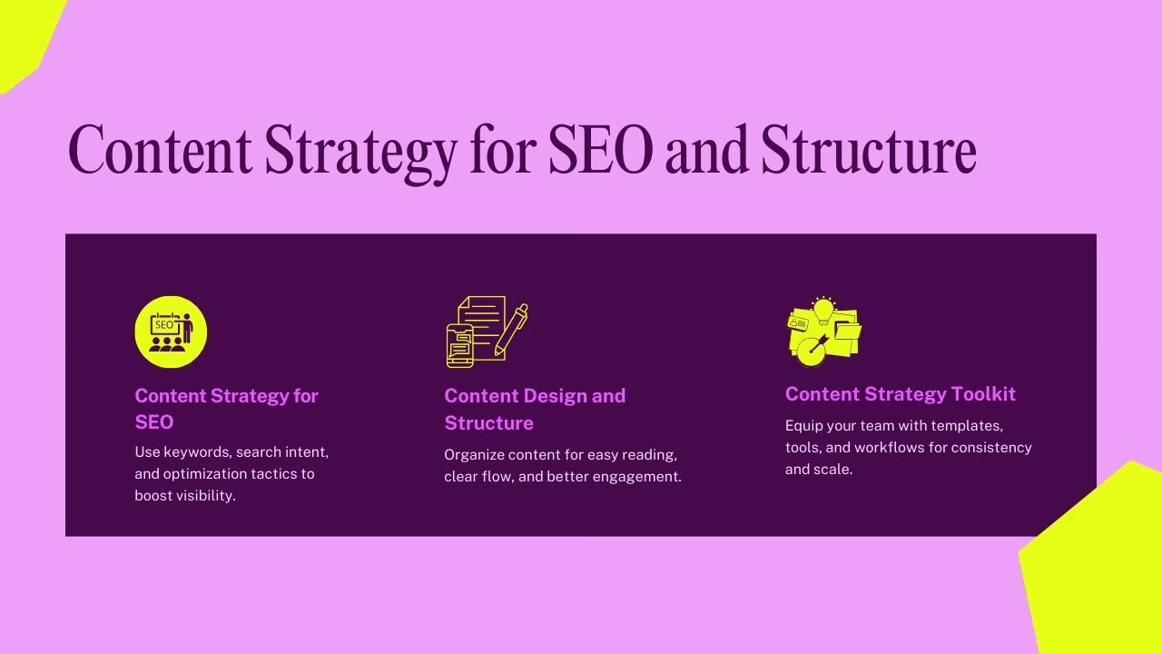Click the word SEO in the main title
pos(600,151)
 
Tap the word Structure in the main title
pos(869,151)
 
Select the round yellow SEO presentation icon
pos(171,332)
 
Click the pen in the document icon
pos(511,331)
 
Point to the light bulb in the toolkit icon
pos(823,310)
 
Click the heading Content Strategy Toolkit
pos(900,393)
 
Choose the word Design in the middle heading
pos(557,396)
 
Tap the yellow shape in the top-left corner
pos(23,36)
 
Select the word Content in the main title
pos(160,151)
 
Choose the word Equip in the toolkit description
pos(803,425)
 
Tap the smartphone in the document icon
pos(459,345)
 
